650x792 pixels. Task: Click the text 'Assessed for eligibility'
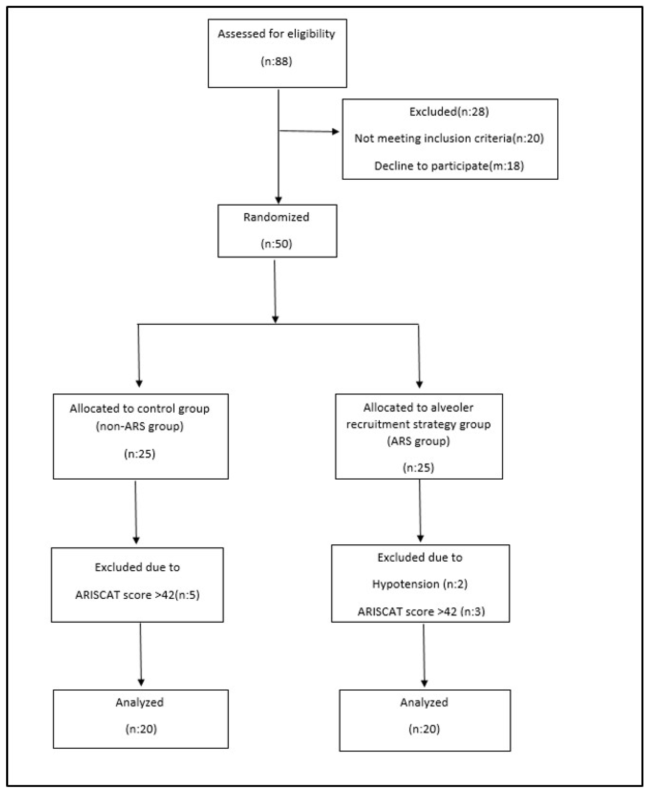point(276,34)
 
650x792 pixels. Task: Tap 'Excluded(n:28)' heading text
point(449,112)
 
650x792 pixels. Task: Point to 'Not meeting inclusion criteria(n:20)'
point(449,139)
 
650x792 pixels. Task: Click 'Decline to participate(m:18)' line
point(449,166)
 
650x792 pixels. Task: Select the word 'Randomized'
point(276,217)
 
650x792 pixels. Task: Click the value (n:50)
point(276,244)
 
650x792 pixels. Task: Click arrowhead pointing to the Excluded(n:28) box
point(335,132)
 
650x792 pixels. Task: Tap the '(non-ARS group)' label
point(140,426)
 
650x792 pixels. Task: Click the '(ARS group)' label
point(418,441)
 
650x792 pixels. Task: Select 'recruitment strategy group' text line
point(418,425)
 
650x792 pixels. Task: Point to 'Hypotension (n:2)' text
point(420,584)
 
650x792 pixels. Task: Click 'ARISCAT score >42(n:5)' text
point(138,595)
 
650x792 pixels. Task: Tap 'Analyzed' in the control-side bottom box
point(140,702)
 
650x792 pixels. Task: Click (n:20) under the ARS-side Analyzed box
point(424,729)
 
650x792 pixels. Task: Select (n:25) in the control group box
point(140,454)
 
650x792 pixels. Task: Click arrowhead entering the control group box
point(139,384)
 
